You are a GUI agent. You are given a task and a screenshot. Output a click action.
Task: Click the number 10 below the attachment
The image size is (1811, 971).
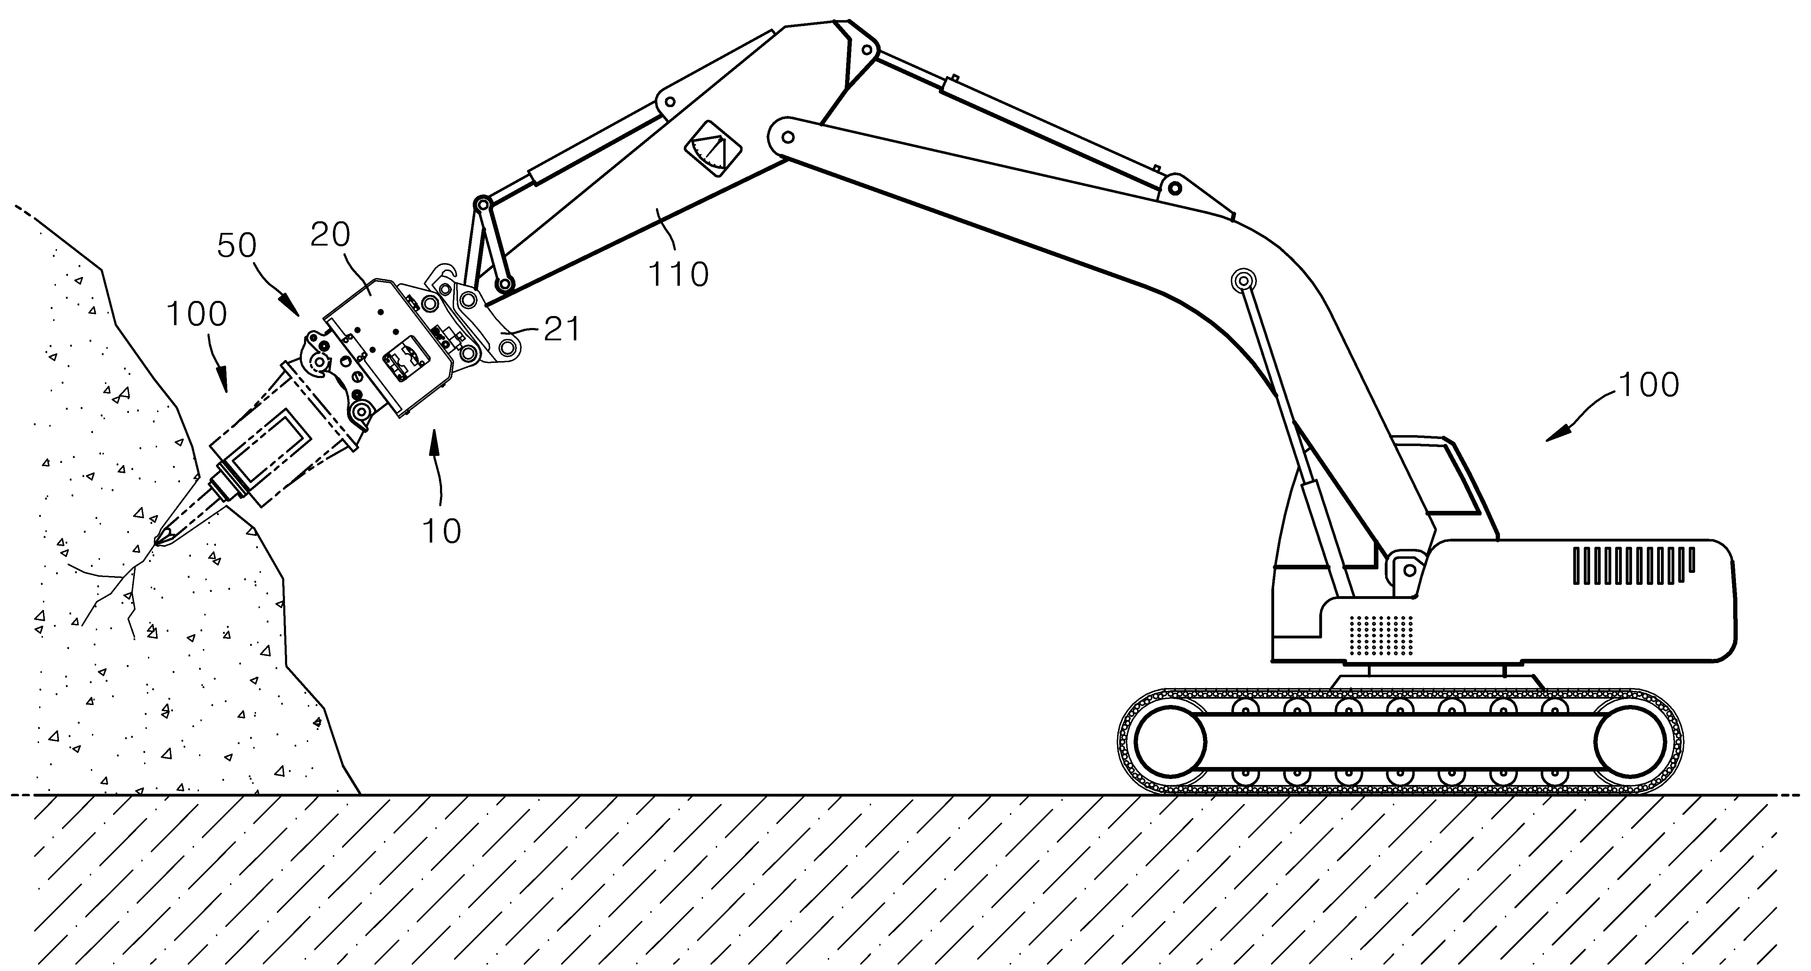click(x=441, y=532)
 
